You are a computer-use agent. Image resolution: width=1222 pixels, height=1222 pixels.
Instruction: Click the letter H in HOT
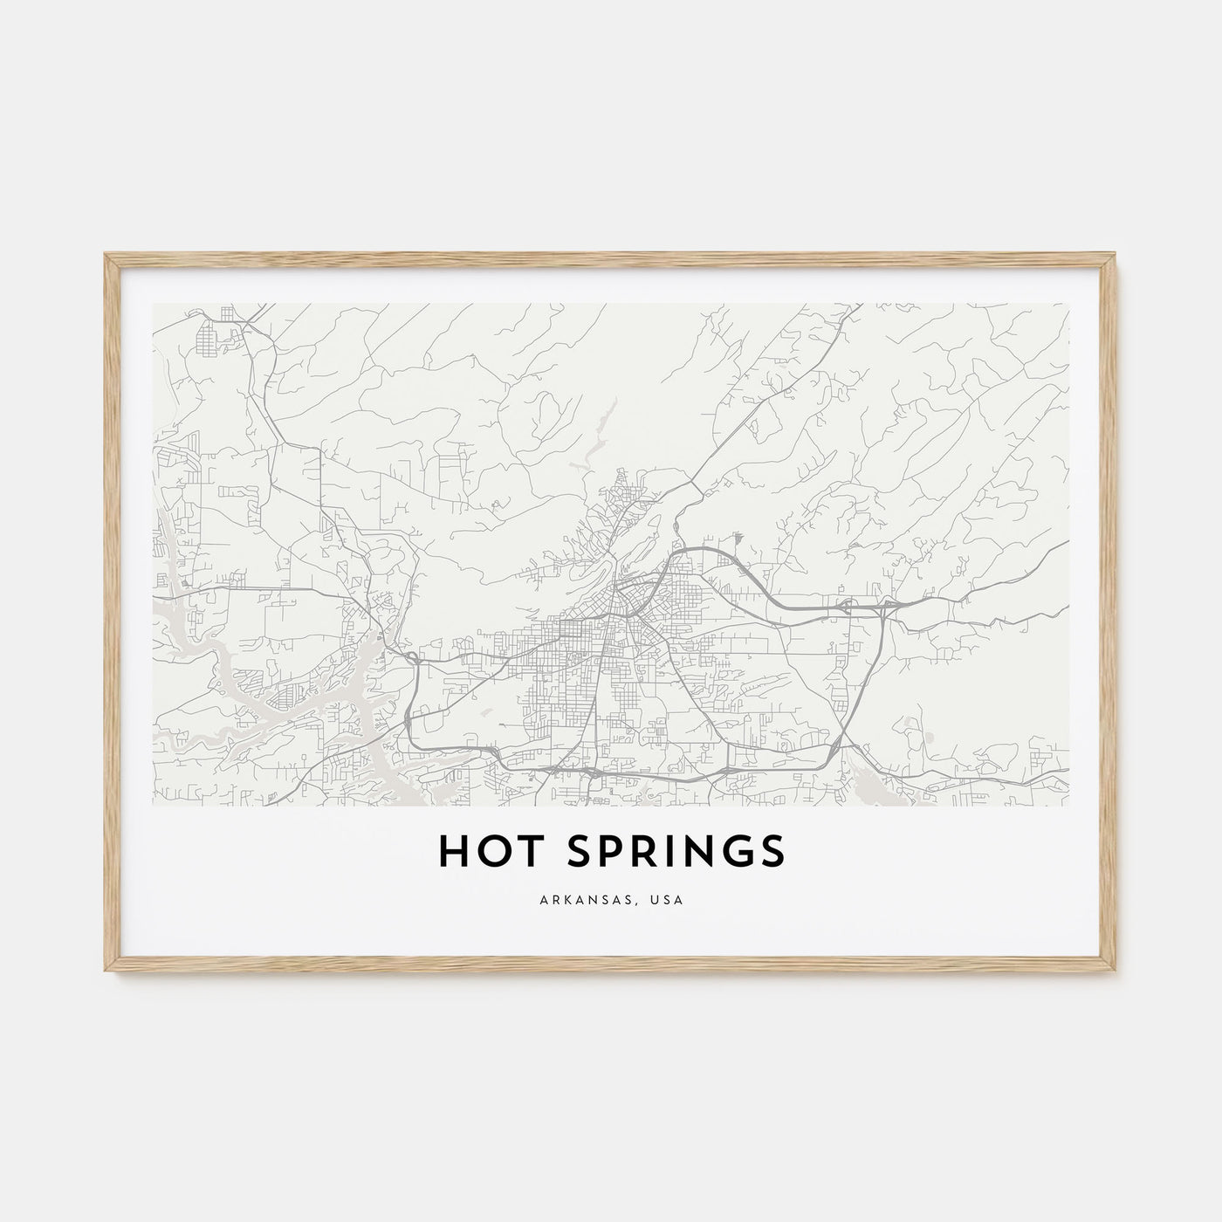(x=455, y=853)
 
